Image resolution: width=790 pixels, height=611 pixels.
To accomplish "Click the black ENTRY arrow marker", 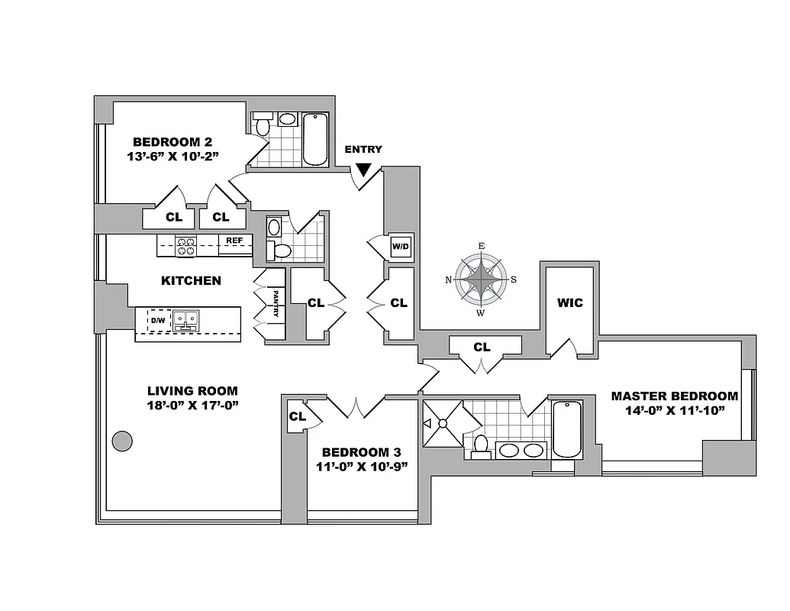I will pos(364,170).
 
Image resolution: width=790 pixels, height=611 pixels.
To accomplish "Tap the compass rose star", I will pos(481,279).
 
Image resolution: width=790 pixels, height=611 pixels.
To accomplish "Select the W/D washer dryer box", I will pos(400,247).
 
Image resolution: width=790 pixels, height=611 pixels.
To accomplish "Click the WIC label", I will pos(569,302).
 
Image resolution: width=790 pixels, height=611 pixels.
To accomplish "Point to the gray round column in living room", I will pos(121,441).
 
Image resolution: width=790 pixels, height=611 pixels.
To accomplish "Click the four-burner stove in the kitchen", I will pos(186,246).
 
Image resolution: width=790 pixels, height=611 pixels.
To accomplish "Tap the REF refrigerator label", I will pos(234,240).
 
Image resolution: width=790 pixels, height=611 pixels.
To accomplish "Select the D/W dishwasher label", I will pos(157,320).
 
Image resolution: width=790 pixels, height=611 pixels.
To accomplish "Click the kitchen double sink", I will pos(185,320).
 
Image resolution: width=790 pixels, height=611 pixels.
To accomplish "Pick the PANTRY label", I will pos(275,305).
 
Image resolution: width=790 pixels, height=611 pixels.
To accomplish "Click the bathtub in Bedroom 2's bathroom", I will pos(315,138).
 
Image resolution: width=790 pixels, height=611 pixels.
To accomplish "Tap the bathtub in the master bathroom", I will pos(566,428).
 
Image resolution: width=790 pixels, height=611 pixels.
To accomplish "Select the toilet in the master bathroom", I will pos(481,445).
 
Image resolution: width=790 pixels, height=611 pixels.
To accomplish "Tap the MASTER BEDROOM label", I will pos(674,396).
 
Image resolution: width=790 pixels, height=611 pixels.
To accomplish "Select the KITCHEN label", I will pos(191,280).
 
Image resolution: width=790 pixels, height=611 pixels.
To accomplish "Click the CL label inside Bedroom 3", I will pos(297,416).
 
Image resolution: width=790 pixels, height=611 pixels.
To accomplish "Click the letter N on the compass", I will pos(448,280).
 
